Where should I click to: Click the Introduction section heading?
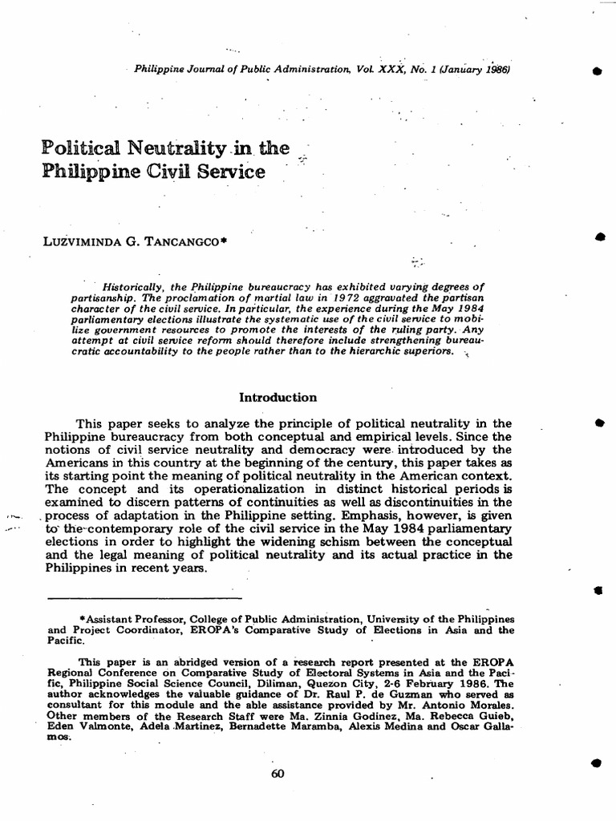(x=278, y=397)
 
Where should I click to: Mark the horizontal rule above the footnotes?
(x=144, y=598)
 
